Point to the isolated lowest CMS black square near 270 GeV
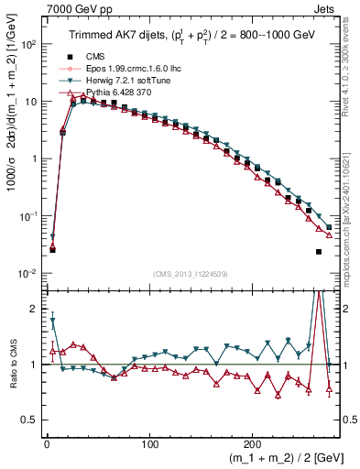click(x=319, y=251)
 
